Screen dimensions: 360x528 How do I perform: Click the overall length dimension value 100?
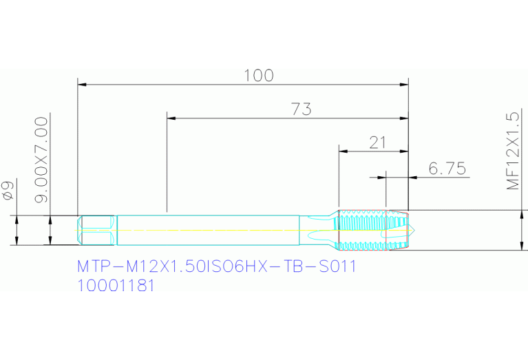pos(259,75)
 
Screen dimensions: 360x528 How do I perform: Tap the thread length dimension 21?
pos(377,142)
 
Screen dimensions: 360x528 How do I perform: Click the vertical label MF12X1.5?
pos(512,151)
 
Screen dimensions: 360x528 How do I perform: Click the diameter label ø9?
pos(9,191)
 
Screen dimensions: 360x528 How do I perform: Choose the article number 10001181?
pos(115,286)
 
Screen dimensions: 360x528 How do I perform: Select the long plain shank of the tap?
pos(207,230)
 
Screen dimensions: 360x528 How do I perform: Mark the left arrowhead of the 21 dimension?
pos(342,151)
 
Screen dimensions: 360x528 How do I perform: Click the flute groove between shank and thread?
pos(318,230)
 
